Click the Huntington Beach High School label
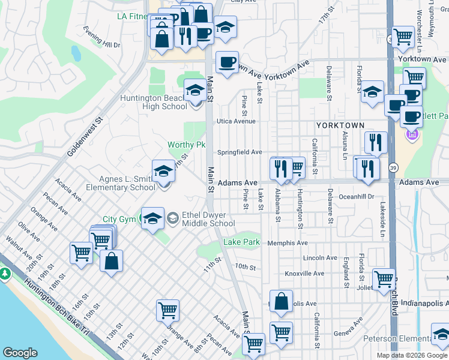click(x=154, y=103)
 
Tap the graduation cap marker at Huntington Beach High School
click(x=194, y=92)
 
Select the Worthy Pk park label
click(x=186, y=145)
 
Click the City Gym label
click(x=119, y=219)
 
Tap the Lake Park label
click(x=241, y=242)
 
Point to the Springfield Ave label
click(x=240, y=152)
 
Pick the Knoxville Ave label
click(x=304, y=274)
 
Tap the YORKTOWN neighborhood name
click(x=340, y=125)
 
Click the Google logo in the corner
click(x=20, y=353)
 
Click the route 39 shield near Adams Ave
click(x=393, y=167)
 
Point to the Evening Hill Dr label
click(x=102, y=45)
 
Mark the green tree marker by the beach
click(x=5, y=274)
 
